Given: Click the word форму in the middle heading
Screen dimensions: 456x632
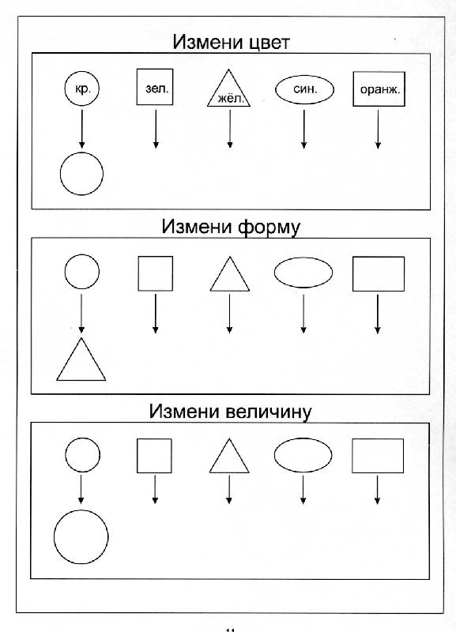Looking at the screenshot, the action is point(269,228).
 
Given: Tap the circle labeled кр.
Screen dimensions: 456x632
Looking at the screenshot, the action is point(82,72).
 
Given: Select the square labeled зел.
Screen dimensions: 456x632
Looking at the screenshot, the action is point(137,87).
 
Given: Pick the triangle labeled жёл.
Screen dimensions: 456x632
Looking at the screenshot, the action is point(218,88).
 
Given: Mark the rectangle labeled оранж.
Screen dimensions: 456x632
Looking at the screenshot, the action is point(353,89).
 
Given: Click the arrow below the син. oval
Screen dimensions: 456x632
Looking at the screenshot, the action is point(304,129).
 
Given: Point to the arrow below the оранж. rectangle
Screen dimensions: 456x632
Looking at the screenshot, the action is point(378,129).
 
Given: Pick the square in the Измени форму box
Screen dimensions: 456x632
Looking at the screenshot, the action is point(138,273).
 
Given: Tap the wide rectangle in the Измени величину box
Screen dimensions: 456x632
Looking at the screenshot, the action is point(352,456).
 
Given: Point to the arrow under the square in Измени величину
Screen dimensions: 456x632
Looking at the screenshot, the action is point(155,489).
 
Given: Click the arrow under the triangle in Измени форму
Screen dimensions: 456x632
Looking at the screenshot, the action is point(229,314).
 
